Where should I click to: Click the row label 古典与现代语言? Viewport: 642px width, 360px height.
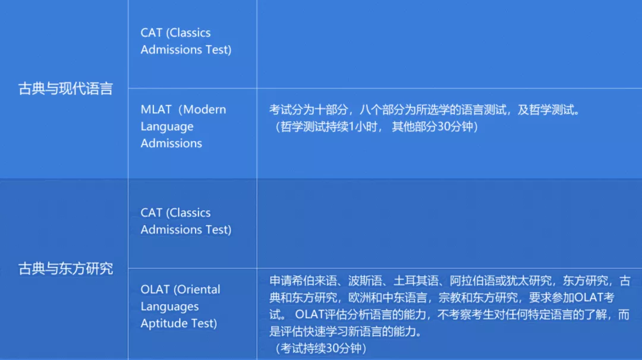tap(65, 89)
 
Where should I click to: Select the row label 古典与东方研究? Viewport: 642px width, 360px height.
tap(65, 269)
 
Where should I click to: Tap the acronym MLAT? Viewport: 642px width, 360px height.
tap(156, 110)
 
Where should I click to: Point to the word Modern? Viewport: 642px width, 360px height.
tap(204, 110)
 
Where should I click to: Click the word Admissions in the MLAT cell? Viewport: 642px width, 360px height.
tap(171, 143)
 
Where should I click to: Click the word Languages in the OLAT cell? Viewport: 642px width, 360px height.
tap(169, 307)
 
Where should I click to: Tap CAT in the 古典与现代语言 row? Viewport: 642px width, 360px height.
tap(152, 33)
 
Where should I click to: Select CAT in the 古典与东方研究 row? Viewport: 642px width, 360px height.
tap(152, 213)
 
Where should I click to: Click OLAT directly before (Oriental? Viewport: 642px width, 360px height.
tap(156, 289)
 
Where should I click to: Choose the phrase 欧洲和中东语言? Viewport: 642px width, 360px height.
tap(388, 298)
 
